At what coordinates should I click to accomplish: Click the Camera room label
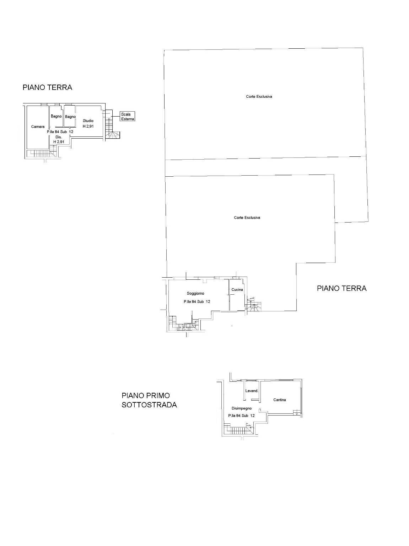[38, 127]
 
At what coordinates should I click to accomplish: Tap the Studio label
[88, 121]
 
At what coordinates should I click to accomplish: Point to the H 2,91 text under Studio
[88, 126]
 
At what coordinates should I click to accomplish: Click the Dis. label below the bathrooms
[59, 137]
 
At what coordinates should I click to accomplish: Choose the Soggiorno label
[195, 293]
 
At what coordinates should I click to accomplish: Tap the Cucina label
[237, 290]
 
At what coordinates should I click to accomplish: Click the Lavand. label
[252, 391]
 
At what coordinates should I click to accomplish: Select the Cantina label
[280, 400]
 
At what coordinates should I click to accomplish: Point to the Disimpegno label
[242, 408]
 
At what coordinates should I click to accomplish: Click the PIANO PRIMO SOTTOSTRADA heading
[149, 400]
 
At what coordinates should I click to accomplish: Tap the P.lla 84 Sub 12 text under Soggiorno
[197, 302]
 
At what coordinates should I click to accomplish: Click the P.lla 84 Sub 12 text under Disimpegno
[242, 416]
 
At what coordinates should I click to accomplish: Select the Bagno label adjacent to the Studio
[70, 117]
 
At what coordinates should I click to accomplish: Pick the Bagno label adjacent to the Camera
[56, 116]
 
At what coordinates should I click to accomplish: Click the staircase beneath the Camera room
[41, 153]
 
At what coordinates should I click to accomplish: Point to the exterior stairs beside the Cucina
[254, 306]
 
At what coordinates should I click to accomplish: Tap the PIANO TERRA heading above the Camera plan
[47, 87]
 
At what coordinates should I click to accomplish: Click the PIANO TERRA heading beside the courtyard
[341, 288]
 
